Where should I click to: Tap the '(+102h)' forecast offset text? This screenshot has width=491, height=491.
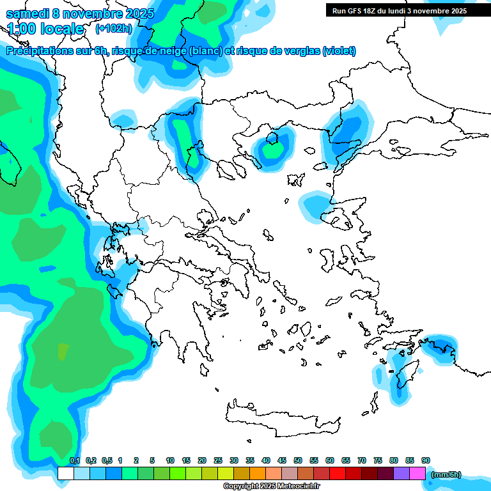114,28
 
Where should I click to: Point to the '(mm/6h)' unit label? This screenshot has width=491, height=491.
446,474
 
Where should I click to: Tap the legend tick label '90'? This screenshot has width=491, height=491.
426,460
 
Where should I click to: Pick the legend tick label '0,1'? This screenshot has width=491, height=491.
74,460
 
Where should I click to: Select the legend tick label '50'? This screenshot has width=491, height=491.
298,460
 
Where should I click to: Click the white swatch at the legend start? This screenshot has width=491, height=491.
65,473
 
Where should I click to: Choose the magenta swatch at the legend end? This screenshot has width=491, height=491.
417,473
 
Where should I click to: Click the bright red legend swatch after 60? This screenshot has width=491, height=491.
338,473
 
